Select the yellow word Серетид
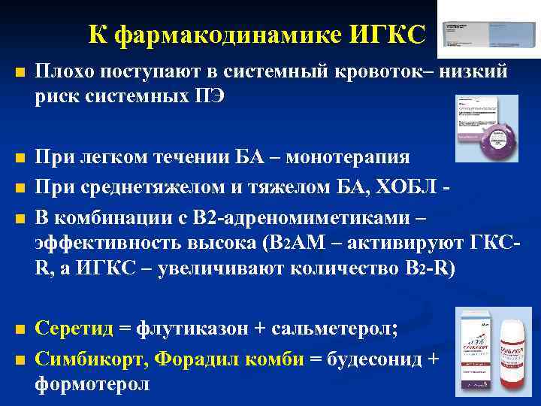(74, 328)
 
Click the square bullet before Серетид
(20, 329)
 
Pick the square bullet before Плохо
(20, 73)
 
